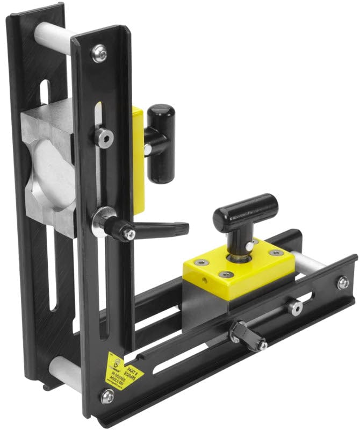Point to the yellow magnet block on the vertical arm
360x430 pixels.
139,161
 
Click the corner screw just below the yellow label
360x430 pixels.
107,397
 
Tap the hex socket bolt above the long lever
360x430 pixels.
104,137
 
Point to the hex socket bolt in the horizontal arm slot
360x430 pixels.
294,307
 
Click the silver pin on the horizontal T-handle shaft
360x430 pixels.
249,246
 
